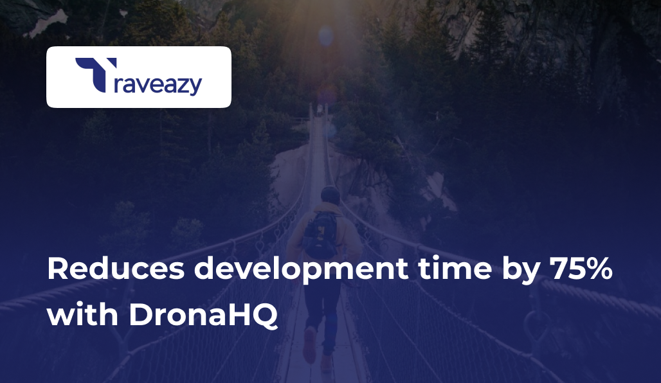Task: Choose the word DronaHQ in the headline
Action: click(203, 316)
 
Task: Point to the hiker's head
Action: click(330, 195)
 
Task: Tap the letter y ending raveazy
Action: click(194, 87)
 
